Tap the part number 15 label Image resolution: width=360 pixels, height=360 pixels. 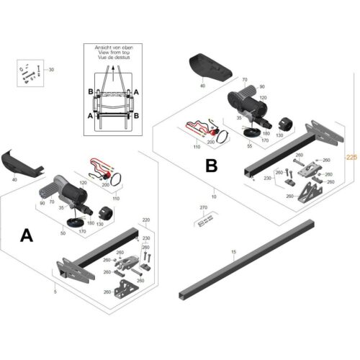233,251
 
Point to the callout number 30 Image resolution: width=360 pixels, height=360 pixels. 51,70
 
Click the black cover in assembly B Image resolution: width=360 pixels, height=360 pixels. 208,68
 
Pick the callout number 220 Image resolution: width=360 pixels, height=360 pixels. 146,220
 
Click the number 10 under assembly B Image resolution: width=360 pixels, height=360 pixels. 213,195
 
